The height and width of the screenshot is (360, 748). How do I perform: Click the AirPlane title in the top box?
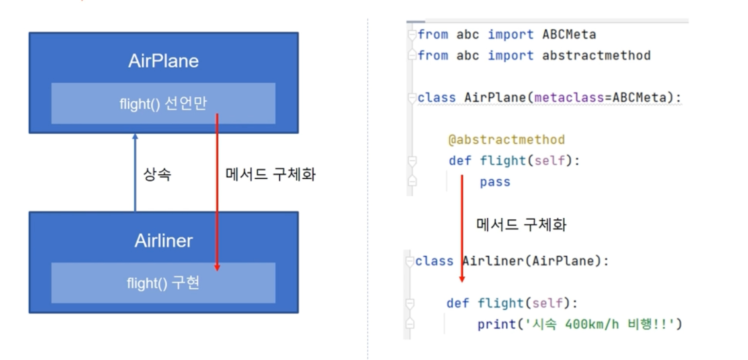pyautogui.click(x=163, y=61)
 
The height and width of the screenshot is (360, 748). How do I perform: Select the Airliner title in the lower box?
pyautogui.click(x=163, y=241)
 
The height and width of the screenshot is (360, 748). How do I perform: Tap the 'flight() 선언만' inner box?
pyautogui.click(x=163, y=103)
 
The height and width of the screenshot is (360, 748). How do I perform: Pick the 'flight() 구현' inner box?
pyautogui.click(x=163, y=283)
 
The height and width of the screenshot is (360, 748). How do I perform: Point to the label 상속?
pyautogui.click(x=157, y=174)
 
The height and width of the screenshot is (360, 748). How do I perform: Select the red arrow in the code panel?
pyautogui.click(x=462, y=229)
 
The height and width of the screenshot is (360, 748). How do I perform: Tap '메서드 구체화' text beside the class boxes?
pyautogui.click(x=270, y=174)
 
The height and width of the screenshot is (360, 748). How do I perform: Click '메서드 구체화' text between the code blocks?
pyautogui.click(x=521, y=225)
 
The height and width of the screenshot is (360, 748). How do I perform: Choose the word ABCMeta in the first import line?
pyautogui.click(x=569, y=35)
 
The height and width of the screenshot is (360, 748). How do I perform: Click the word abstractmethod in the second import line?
pyautogui.click(x=596, y=56)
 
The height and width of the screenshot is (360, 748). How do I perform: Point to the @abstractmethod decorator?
pyautogui.click(x=506, y=140)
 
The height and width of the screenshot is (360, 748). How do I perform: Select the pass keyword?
pyautogui.click(x=495, y=182)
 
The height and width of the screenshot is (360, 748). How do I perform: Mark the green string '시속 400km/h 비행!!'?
pyautogui.click(x=600, y=324)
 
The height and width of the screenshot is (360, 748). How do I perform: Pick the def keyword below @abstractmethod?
pyautogui.click(x=460, y=160)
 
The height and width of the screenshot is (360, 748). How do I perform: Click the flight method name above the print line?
pyautogui.click(x=500, y=303)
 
